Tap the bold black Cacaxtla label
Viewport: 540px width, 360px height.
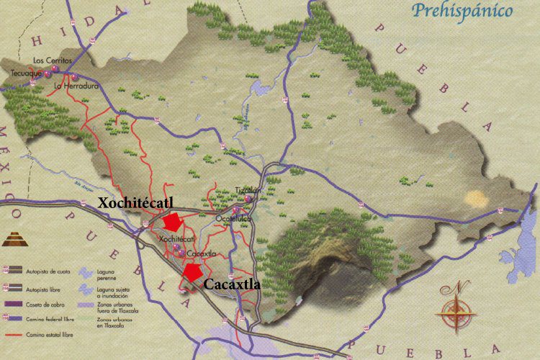click(232, 284)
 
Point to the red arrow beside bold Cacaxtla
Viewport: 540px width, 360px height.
click(192, 271)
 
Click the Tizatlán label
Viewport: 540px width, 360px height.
click(246, 190)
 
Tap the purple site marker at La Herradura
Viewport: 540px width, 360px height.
click(73, 77)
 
